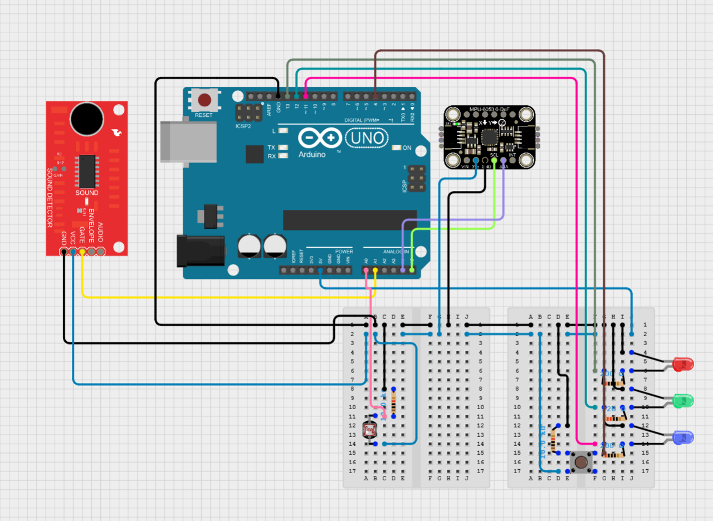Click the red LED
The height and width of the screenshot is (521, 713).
click(683, 365)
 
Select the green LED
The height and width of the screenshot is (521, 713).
click(683, 400)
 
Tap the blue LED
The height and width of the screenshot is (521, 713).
click(683, 437)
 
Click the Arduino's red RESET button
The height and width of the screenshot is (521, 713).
click(204, 100)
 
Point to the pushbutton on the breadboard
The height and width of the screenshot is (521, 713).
click(580, 462)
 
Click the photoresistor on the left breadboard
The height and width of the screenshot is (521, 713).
click(369, 429)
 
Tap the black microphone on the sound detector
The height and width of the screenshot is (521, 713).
click(86, 119)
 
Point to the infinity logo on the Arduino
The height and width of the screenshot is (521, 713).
click(320, 138)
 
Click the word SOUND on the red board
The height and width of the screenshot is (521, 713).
click(87, 193)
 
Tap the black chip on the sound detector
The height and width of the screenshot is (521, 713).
click(87, 171)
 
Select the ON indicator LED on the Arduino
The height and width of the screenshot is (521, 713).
click(397, 148)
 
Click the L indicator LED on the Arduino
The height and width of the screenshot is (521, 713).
click(283, 131)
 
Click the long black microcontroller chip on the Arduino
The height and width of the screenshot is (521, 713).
click(349, 220)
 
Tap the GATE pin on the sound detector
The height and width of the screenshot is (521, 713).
click(82, 252)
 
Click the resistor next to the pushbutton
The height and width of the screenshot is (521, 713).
click(553, 440)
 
